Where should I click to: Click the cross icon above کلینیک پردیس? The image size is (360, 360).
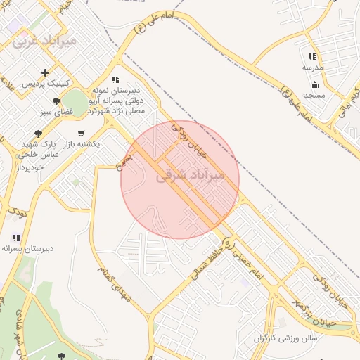(x=46, y=72)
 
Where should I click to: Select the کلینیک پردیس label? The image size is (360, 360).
(x=46, y=84)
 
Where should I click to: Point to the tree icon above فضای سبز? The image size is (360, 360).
(x=56, y=101)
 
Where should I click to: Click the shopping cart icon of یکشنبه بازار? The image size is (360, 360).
(x=81, y=133)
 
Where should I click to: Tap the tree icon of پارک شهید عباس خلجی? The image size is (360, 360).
(x=38, y=134)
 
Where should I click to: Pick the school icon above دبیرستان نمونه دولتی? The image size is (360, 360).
(x=115, y=79)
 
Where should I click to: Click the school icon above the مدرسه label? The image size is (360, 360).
(x=312, y=56)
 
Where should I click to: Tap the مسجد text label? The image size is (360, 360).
(x=314, y=95)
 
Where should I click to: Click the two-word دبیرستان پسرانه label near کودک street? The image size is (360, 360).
(x=19, y=248)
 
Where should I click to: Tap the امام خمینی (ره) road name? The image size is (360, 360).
(x=242, y=259)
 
